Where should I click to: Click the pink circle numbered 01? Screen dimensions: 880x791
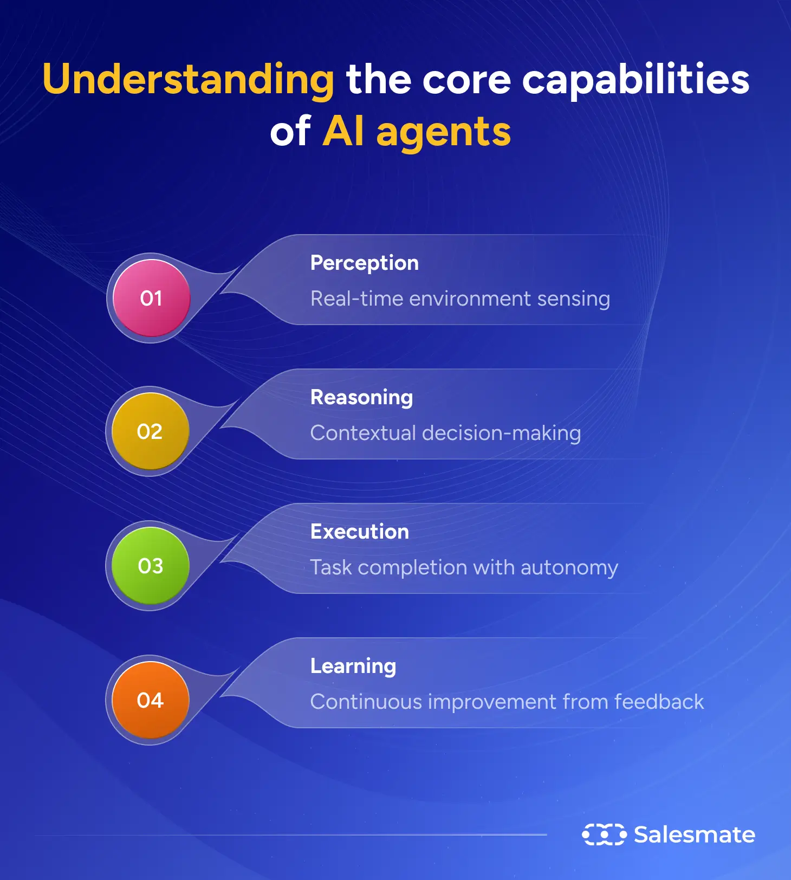click(151, 298)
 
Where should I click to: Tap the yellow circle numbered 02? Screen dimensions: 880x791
click(150, 432)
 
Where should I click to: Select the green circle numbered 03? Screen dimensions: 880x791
click(150, 566)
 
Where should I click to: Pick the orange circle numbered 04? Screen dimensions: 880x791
click(150, 700)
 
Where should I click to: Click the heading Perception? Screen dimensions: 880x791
click(364, 263)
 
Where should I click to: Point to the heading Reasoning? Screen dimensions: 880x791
click(361, 398)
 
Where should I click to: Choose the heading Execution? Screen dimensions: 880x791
click(359, 532)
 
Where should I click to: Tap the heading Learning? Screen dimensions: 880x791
click(353, 666)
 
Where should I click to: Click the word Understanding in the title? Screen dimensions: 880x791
click(188, 79)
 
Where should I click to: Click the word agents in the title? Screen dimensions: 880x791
click(443, 132)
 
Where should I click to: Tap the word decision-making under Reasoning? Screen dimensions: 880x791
click(501, 433)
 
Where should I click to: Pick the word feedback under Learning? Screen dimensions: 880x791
click(659, 702)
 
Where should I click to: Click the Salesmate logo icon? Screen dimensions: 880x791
click(604, 834)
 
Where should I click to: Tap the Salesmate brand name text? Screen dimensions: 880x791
click(695, 834)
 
